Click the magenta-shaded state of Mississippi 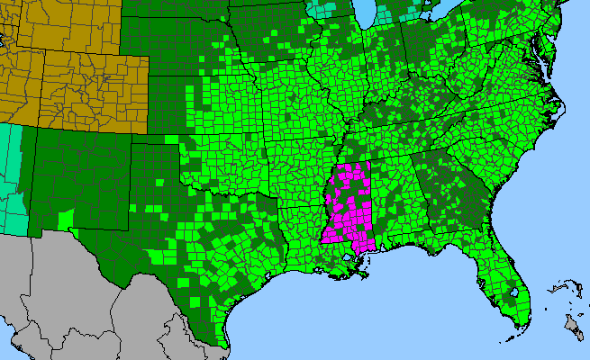click(x=347, y=207)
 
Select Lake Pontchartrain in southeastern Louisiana click(x=348, y=262)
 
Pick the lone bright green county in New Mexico click(x=65, y=219)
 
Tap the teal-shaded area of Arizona click(x=11, y=175)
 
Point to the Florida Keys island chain click(x=509, y=337)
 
